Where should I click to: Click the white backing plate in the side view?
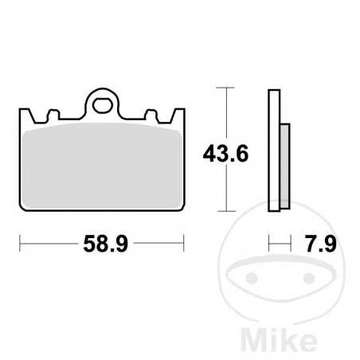coord(275,151)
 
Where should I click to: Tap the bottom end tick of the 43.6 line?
coord(229,211)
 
